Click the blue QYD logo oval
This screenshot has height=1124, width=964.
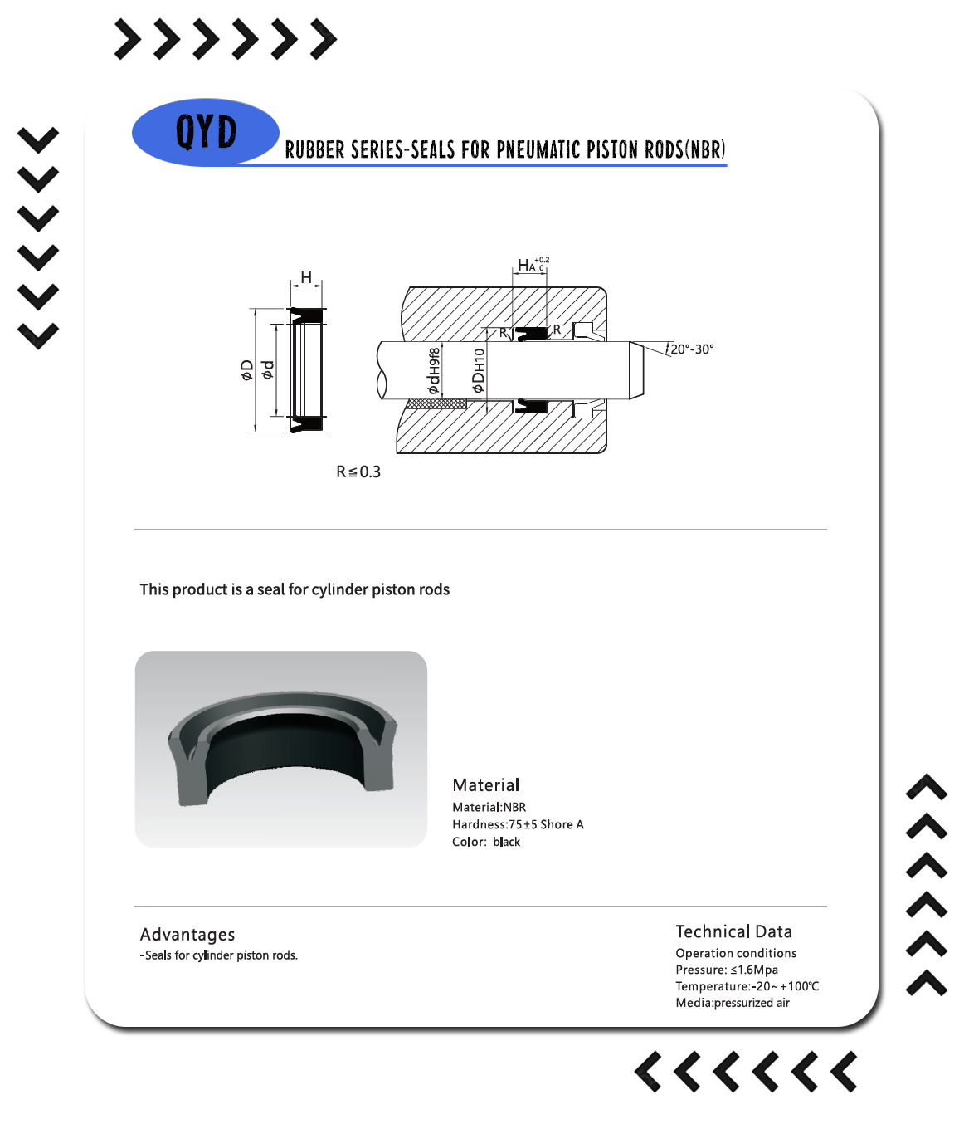(206, 132)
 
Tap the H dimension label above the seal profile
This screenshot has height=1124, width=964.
(306, 277)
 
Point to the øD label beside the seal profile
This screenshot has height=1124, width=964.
(247, 369)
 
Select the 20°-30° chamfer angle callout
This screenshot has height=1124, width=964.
(692, 349)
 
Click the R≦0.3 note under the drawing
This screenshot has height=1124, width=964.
(358, 472)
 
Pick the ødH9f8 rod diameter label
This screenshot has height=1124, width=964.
(434, 371)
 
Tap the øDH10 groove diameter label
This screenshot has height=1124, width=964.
(478, 371)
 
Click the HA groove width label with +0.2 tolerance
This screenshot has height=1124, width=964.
(533, 264)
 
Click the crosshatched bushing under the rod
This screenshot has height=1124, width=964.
(437, 403)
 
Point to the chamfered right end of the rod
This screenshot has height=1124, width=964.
(636, 370)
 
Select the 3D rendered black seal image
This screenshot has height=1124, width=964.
(281, 749)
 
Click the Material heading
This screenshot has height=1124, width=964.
(486, 784)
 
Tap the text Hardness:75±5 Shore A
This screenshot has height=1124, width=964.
(518, 824)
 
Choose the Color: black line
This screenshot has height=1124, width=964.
(486, 842)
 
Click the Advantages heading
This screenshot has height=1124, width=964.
(187, 934)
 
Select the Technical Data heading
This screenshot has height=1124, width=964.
(733, 931)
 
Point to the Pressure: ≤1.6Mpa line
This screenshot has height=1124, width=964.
(727, 970)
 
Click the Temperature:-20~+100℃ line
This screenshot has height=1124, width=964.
(747, 986)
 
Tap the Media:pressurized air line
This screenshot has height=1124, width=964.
(733, 1003)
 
